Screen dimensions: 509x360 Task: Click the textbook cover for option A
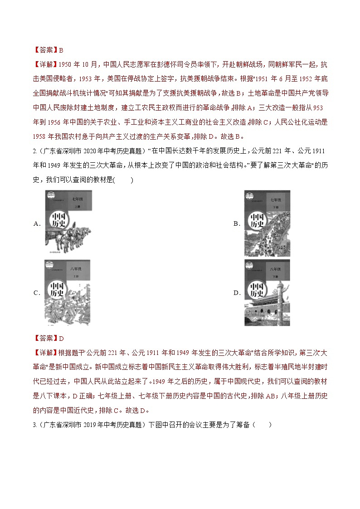(68, 222)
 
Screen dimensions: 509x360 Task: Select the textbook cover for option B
(267, 223)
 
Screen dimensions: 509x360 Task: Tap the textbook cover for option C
(67, 292)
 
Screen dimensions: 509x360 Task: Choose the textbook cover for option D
(267, 292)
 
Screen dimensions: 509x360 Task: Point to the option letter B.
(236, 223)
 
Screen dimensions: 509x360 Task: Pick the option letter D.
(236, 293)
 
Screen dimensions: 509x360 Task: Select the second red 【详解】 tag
(44, 352)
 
